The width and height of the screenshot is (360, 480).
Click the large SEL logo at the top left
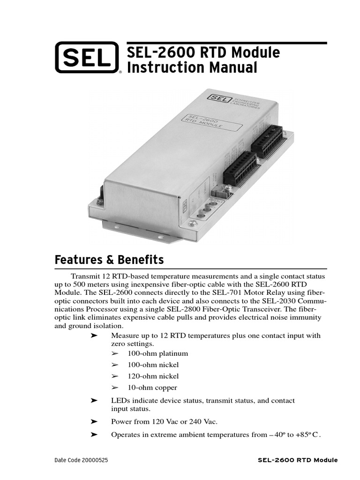coord(87,58)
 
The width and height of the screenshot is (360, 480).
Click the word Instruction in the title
coord(158,67)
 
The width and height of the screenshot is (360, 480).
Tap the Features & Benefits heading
coord(109,260)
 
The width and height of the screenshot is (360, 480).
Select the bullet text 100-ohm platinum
coord(157,353)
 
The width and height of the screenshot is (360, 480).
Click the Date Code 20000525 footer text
coord(81,460)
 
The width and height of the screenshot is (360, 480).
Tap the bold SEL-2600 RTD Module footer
coord(298,460)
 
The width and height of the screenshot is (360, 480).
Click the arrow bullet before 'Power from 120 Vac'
coord(94,421)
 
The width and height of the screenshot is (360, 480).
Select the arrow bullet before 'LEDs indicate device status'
coord(94,401)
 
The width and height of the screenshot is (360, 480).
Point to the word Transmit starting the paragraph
coord(85,277)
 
